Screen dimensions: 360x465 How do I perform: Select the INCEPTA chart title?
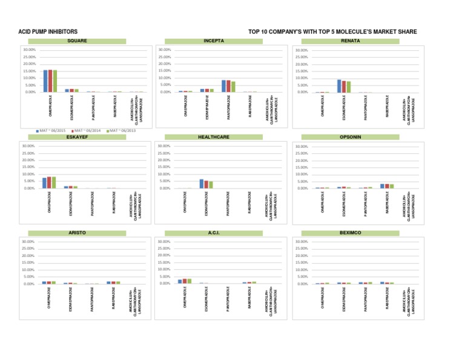tap(214, 41)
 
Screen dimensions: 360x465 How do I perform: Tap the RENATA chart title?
tap(351, 41)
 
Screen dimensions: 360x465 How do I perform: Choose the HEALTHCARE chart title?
tap(214, 137)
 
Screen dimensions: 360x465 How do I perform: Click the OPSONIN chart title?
tap(351, 137)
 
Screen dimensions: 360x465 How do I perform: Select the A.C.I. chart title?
tap(214, 233)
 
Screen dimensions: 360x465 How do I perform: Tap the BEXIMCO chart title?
tap(351, 233)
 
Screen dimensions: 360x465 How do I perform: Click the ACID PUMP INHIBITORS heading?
tap(48, 31)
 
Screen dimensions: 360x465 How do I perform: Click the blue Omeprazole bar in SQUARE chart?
tap(45, 81)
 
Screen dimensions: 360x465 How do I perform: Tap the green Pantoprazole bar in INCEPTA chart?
tap(234, 87)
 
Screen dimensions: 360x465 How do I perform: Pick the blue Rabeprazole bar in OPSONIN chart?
tap(383, 186)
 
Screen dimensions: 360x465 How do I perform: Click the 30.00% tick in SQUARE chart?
tap(28, 50)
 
